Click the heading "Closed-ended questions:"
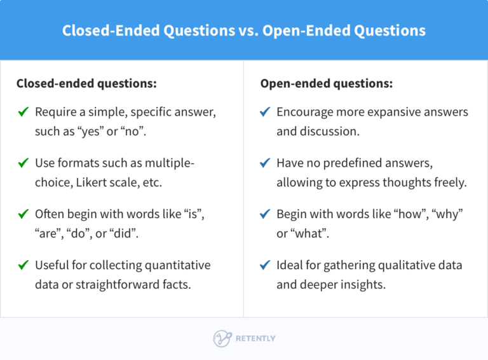tap(86, 83)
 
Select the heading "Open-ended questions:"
tap(327, 83)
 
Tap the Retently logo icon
tap(222, 338)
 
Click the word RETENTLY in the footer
tap(255, 338)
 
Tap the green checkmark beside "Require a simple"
tap(24, 113)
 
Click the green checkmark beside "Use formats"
tap(24, 163)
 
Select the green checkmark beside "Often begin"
tap(24, 214)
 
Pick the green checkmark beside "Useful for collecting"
tap(24, 265)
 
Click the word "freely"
tap(450, 183)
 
